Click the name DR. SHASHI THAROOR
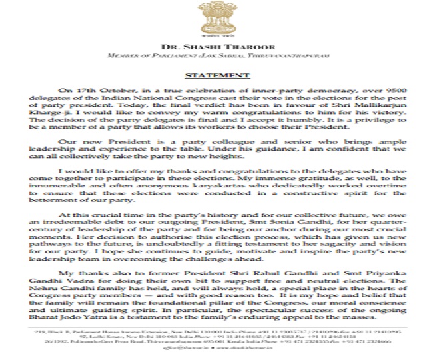[217, 47]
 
